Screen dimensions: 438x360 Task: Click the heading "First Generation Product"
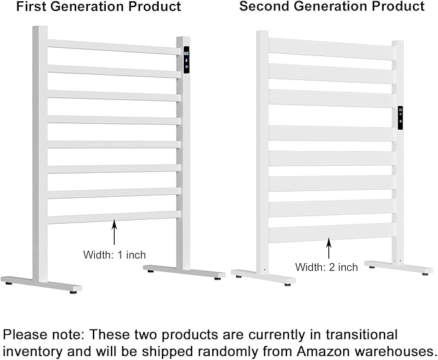[99, 6]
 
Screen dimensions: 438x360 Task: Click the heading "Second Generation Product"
[332, 6]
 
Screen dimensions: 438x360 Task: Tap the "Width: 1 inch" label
[115, 255]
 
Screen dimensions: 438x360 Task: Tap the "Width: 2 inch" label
[326, 267]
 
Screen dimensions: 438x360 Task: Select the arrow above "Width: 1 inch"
[114, 232]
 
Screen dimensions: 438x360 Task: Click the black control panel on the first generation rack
[186, 60]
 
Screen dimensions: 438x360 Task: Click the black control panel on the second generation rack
[401, 117]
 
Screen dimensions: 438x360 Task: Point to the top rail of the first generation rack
[114, 47]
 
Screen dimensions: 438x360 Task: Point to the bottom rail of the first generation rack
[114, 217]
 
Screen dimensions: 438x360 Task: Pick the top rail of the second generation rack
[330, 49]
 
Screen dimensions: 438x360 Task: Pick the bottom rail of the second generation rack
[330, 233]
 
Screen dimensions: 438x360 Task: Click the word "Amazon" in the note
[324, 352]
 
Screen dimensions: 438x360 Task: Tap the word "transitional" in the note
[361, 335]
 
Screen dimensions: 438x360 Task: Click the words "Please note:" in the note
[44, 335]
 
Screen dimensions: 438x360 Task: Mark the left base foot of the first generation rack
[41, 284]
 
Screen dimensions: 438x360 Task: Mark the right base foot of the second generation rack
[399, 267]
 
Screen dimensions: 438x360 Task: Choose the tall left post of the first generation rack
[40, 154]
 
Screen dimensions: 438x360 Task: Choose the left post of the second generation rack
[263, 153]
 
